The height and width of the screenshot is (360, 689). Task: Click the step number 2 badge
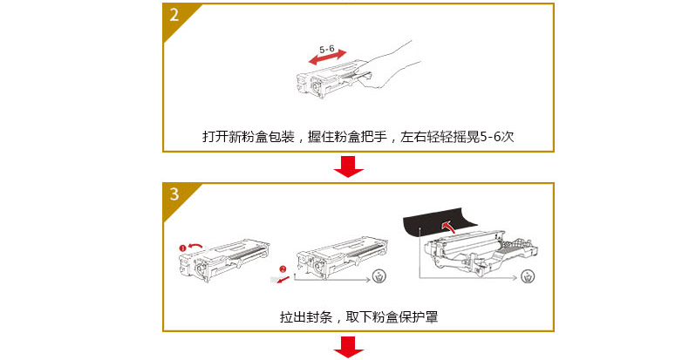(x=174, y=15)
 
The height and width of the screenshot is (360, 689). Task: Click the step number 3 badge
(x=174, y=194)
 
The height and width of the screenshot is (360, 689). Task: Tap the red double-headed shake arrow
(x=327, y=57)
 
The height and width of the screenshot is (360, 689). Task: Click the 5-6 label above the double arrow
(x=326, y=49)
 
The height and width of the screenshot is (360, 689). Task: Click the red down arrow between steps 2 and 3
(x=349, y=166)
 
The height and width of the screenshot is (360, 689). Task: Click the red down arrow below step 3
(x=349, y=347)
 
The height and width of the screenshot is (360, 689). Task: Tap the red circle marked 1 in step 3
(x=183, y=248)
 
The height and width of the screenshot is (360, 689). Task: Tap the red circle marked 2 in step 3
(x=283, y=269)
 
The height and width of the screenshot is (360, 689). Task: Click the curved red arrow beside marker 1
(x=195, y=247)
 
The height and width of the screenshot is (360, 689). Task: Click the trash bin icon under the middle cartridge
(x=379, y=276)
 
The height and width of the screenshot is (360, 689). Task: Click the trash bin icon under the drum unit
(x=528, y=276)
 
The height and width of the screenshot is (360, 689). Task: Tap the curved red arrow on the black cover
(x=448, y=227)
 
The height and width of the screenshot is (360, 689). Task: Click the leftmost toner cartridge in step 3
(x=224, y=260)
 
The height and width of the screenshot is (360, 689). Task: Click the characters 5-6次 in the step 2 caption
(x=496, y=137)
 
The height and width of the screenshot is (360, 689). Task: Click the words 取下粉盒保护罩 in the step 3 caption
(x=392, y=316)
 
